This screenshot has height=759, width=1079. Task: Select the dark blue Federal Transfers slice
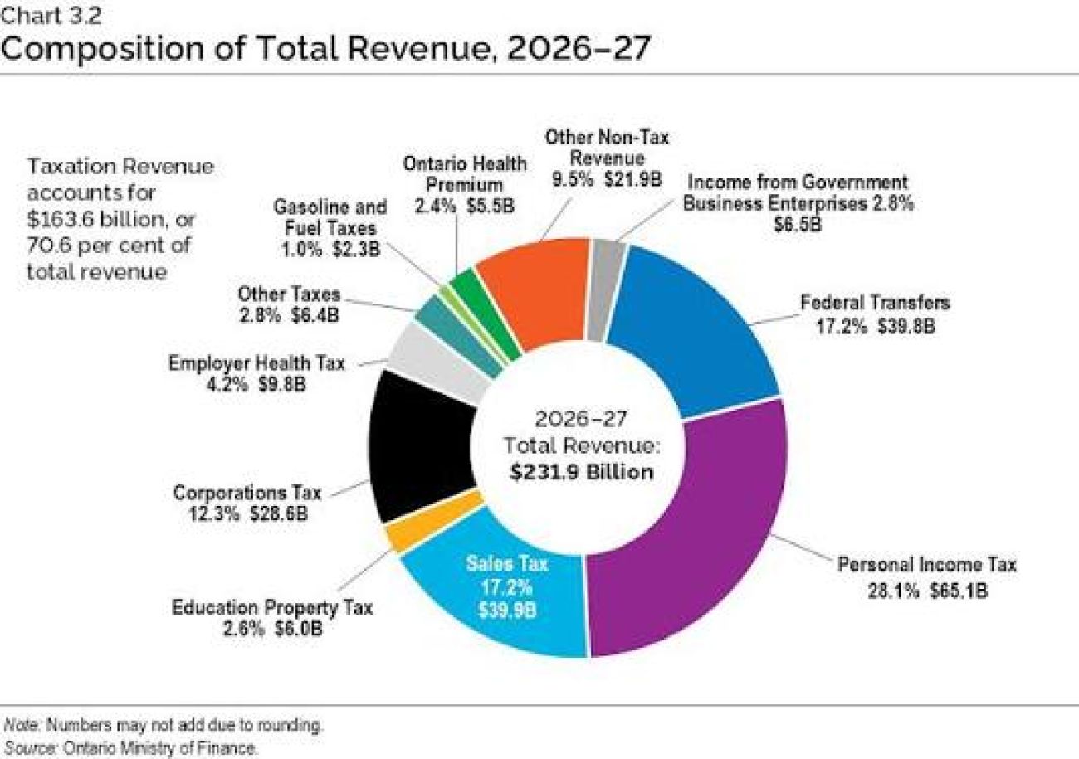point(694,332)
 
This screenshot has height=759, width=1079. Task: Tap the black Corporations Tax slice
point(419,448)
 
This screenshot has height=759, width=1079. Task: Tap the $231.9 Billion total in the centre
point(582,472)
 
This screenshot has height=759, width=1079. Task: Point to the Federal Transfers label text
point(875,303)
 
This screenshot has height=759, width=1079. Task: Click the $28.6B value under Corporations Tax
point(279,513)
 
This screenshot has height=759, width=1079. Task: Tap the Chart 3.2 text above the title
point(51,16)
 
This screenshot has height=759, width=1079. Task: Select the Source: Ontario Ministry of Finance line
point(130,748)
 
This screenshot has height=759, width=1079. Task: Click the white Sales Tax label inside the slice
point(507,563)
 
